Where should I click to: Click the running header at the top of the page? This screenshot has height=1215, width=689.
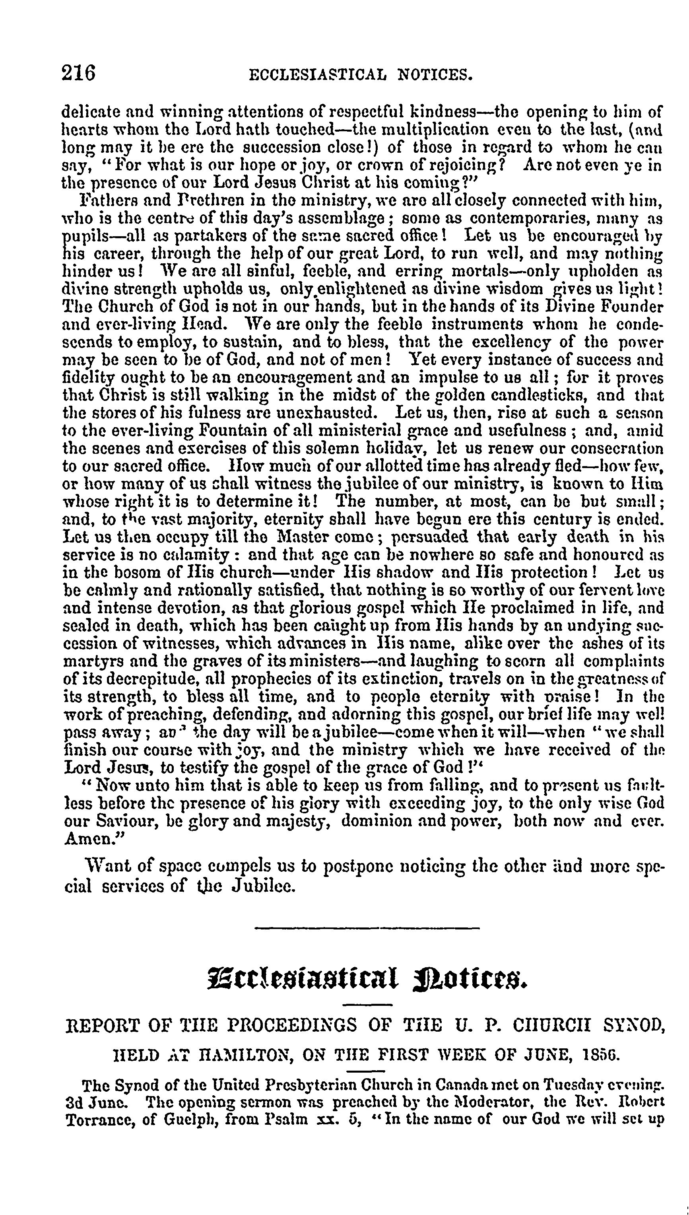361,75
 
